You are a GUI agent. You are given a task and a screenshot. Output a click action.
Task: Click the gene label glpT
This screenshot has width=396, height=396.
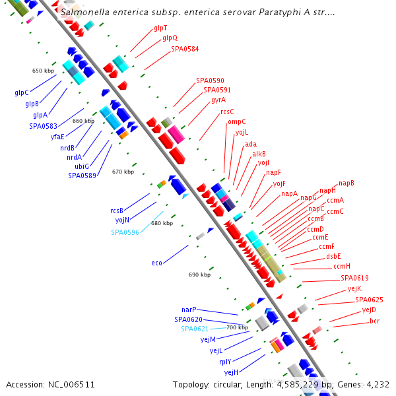tap(160, 28)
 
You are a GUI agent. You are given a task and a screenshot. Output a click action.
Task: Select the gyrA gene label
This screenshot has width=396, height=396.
tap(218, 100)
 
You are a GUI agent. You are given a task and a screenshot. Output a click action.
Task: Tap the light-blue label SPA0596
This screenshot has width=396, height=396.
tap(125, 232)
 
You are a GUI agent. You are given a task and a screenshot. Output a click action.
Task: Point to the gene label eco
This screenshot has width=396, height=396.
tap(156, 263)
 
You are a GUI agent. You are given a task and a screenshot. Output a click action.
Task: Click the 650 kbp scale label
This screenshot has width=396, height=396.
tap(42, 71)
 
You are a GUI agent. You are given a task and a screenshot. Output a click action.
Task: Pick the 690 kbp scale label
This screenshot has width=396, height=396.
tap(199, 275)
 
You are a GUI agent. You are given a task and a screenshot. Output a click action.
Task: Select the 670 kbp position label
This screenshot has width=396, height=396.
tap(123, 172)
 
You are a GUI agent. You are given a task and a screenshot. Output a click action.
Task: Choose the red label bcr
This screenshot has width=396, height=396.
tap(374, 321)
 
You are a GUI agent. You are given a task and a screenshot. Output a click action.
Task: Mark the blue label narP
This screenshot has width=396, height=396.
tap(189, 310)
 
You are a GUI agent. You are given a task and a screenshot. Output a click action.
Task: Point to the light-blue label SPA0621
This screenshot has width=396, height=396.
tap(195, 329)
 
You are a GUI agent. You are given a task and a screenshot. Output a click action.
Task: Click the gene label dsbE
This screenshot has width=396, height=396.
tap(333, 256)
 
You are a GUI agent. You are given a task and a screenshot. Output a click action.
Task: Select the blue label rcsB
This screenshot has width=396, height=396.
tap(117, 211)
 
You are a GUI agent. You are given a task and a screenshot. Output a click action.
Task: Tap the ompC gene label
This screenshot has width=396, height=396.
tap(236, 121)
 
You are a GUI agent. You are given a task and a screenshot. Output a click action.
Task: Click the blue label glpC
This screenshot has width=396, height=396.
tap(22, 92)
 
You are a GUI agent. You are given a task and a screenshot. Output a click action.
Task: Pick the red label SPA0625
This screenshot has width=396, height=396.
tap(369, 300)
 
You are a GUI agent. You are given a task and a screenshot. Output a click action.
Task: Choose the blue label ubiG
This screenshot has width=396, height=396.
tap(82, 166)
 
